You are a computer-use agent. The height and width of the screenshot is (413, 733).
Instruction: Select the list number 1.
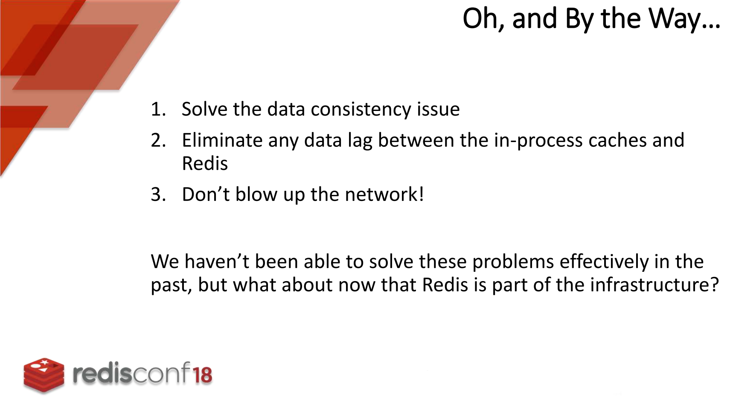pyautogui.click(x=158, y=109)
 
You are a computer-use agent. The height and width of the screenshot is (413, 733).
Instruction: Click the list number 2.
pyautogui.click(x=158, y=140)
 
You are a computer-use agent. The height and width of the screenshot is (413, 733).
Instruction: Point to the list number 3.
pyautogui.click(x=158, y=195)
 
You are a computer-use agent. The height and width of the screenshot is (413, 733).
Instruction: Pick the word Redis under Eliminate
pyautogui.click(x=205, y=163)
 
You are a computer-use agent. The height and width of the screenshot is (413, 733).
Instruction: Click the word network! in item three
pyautogui.click(x=384, y=195)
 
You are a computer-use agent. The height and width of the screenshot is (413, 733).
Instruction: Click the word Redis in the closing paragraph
pyautogui.click(x=445, y=285)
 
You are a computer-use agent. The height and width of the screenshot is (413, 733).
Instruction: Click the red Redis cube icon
pyautogui.click(x=44, y=374)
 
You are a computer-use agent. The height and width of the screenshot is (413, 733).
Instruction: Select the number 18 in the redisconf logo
pyautogui.click(x=202, y=375)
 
